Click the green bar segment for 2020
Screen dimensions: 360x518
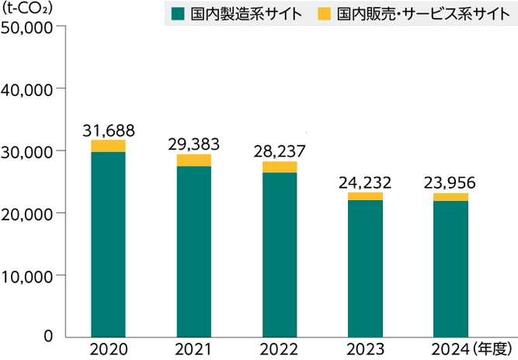(108, 244)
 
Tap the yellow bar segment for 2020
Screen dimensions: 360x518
(108, 146)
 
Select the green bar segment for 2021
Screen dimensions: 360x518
(194, 251)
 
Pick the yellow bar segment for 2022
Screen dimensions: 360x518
(280, 167)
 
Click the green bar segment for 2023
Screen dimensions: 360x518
(365, 268)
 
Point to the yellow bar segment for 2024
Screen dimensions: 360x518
(450, 197)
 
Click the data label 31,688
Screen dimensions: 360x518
(108, 128)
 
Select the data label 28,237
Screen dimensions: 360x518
(280, 150)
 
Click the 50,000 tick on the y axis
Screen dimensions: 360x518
(27, 26)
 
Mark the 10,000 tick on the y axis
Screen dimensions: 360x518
(27, 275)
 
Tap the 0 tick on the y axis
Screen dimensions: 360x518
(48, 336)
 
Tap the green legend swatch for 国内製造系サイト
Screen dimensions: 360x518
(178, 13)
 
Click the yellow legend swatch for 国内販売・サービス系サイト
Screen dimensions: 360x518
(324, 13)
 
